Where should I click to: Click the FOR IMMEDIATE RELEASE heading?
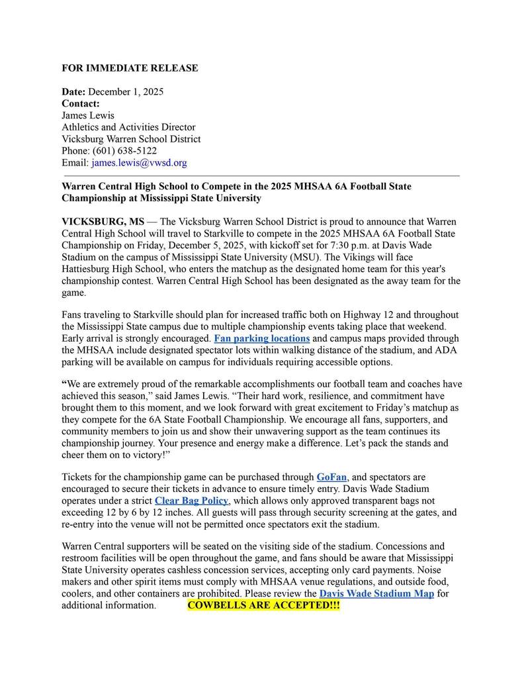[x=130, y=68]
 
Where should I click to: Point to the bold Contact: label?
[x=81, y=103]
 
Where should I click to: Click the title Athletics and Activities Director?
[x=128, y=127]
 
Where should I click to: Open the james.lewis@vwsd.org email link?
[x=139, y=163]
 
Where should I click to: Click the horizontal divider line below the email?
[x=261, y=176]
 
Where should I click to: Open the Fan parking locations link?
[x=262, y=339]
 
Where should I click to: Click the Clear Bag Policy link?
[x=191, y=501]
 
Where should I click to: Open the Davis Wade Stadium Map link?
[x=376, y=594]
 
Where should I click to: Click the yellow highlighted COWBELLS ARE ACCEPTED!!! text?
[x=263, y=606]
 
